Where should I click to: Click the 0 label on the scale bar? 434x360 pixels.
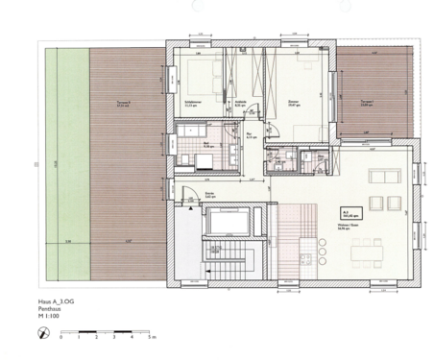pos(61,339)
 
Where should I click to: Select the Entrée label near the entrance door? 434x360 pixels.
pos(208,192)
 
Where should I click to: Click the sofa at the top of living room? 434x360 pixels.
pos(378,174)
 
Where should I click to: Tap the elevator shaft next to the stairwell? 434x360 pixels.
pos(229,223)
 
